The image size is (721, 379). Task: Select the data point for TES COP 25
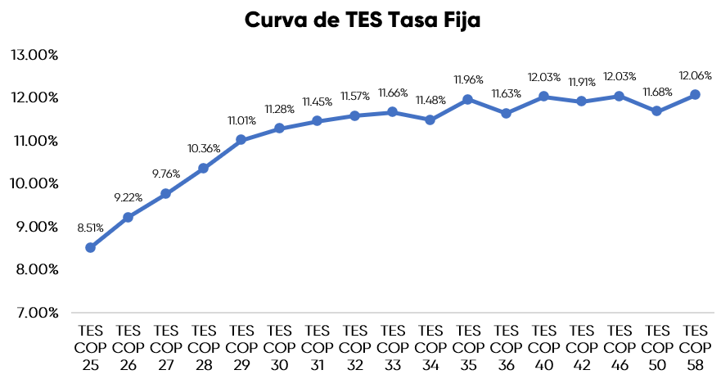click(x=90, y=247)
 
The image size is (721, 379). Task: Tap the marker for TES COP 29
click(x=241, y=140)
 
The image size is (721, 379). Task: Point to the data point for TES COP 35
click(x=467, y=99)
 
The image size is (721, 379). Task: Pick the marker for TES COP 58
click(x=695, y=95)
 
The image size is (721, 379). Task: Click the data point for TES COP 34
click(x=430, y=120)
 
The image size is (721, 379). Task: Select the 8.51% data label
click(x=90, y=228)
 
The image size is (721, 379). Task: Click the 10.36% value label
click(x=203, y=148)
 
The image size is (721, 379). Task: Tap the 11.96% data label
click(x=468, y=79)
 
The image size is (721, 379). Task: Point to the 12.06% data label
click(x=695, y=74)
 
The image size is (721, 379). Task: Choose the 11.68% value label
click(x=657, y=91)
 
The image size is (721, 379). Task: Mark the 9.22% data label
click(x=128, y=197)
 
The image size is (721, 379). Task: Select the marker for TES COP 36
click(x=506, y=113)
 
